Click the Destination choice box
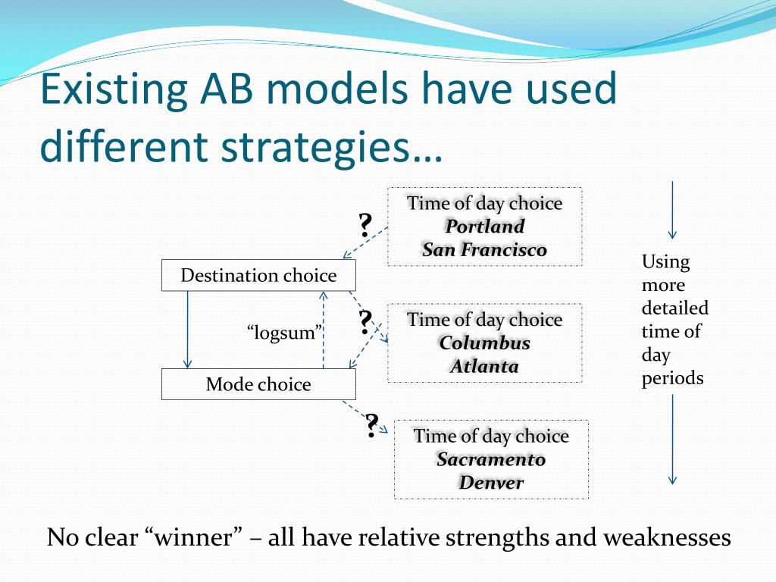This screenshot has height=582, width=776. (258, 275)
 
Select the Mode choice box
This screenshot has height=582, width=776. (258, 384)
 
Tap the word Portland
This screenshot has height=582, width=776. (484, 227)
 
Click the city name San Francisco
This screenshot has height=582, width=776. (484, 249)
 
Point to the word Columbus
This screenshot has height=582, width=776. (484, 343)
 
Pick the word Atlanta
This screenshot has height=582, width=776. (484, 366)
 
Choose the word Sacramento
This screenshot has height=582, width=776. (491, 459)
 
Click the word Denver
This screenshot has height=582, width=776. (491, 483)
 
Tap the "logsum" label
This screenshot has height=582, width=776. (285, 332)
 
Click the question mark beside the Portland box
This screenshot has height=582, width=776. (365, 225)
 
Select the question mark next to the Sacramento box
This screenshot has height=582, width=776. (371, 426)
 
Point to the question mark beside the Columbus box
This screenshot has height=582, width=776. (365, 322)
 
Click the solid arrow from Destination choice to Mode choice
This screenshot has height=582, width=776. (187, 330)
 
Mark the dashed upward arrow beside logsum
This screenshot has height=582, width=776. (323, 330)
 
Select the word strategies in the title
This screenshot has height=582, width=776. (316, 147)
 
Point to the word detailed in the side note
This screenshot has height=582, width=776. (675, 308)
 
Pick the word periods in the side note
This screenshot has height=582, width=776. (673, 379)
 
